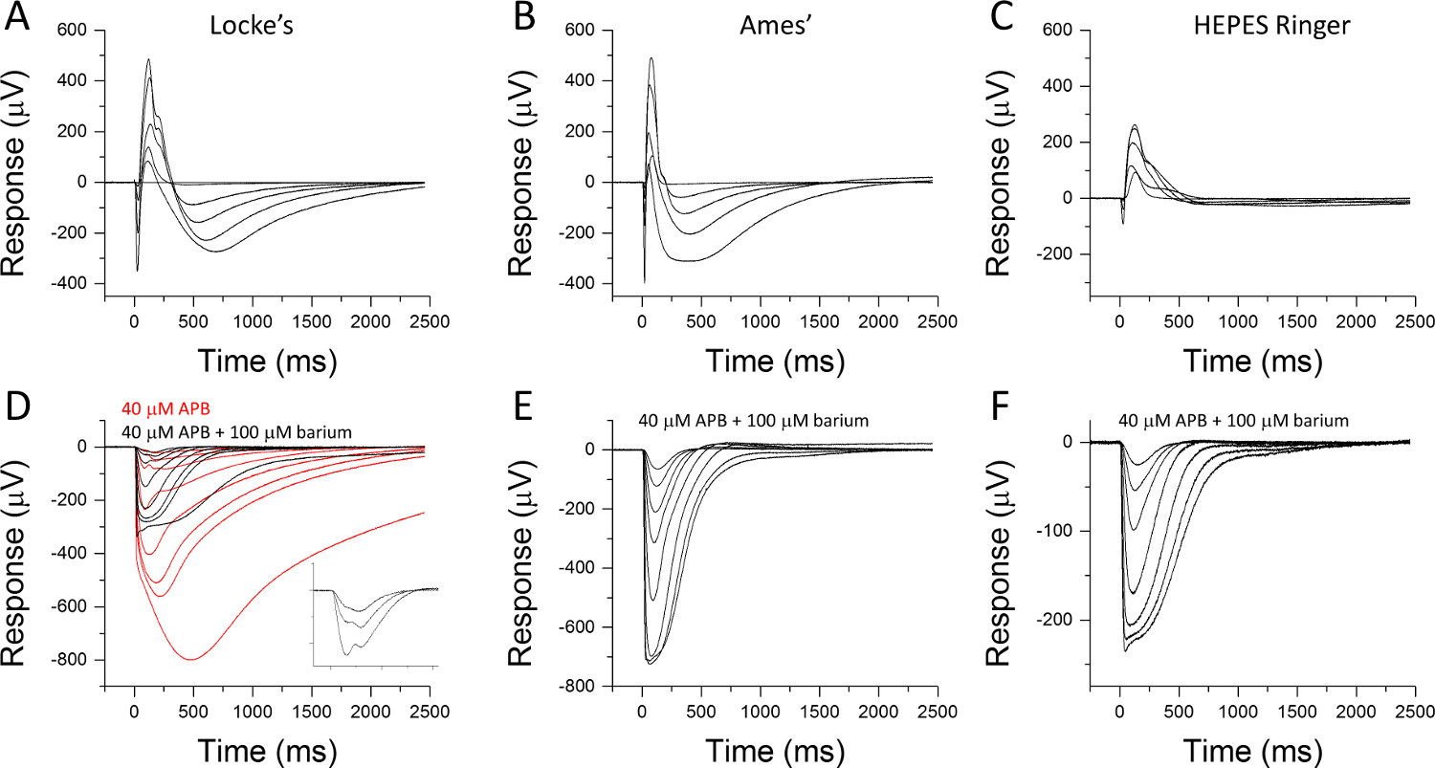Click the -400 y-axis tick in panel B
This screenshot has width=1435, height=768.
pyautogui.click(x=587, y=284)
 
